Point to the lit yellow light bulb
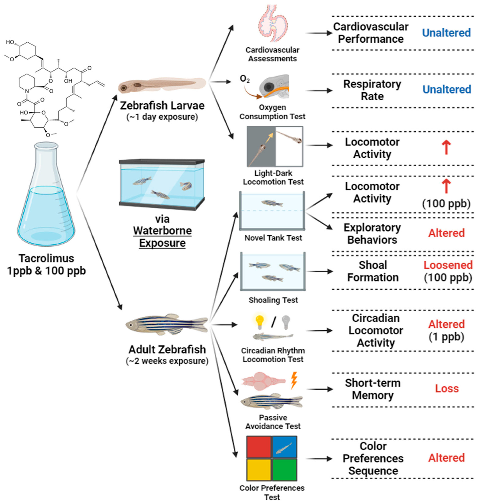(x=260, y=322)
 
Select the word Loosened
(x=448, y=265)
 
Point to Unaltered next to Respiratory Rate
(x=447, y=89)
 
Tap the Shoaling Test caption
(x=273, y=300)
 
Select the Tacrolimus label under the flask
(x=46, y=258)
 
